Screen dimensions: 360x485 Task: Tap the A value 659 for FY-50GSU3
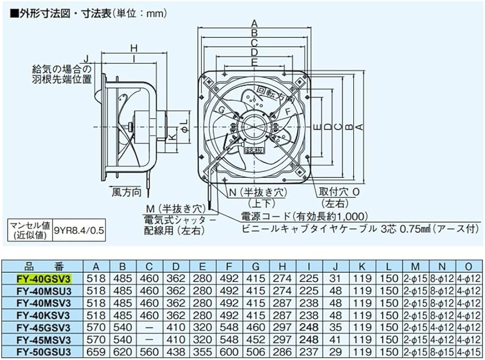tap(96, 353)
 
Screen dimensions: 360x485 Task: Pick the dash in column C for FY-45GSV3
tap(149, 328)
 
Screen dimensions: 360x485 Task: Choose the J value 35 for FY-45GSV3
tap(335, 328)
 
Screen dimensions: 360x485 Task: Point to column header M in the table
tap(415, 266)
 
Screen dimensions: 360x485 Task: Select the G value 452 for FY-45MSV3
tap(256, 340)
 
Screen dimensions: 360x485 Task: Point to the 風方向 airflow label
tap(126, 192)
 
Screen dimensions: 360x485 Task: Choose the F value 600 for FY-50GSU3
tap(229, 353)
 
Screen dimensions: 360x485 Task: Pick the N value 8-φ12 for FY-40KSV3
tap(442, 316)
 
